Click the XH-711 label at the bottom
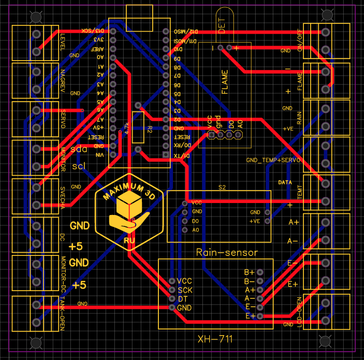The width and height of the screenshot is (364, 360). tap(215, 339)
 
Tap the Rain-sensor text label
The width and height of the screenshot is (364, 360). tap(227, 252)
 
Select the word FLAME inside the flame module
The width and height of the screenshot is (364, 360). tap(225, 82)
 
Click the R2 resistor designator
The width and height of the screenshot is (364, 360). tap(149, 128)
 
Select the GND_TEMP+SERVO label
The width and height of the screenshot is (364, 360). tap(273, 161)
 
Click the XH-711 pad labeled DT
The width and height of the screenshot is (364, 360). tap(172, 299)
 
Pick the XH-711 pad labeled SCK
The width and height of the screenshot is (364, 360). tap(172, 290)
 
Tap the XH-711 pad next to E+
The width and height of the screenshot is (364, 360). tap(260, 316)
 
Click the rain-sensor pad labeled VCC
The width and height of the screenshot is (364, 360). tap(185, 203)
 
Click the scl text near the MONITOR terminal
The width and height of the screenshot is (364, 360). tap(79, 166)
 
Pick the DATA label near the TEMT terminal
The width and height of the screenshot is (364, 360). tap(285, 183)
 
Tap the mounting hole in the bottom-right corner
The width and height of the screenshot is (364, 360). tap(325, 342)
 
